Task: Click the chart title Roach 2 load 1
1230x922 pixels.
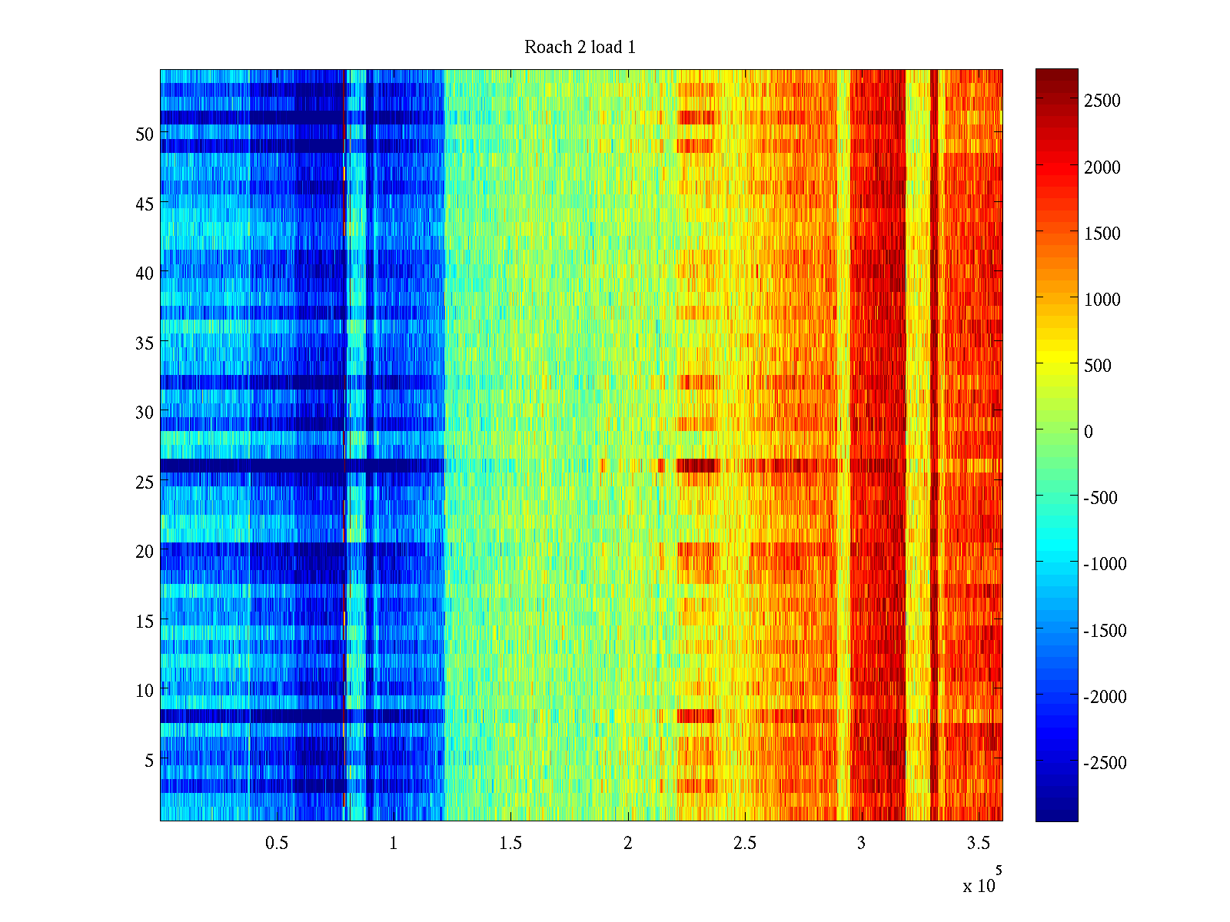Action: click(x=580, y=48)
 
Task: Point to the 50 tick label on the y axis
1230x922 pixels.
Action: click(x=145, y=134)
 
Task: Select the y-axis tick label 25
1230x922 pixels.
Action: click(x=145, y=483)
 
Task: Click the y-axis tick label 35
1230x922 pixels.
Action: click(x=145, y=343)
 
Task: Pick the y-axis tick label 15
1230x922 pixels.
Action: click(x=145, y=622)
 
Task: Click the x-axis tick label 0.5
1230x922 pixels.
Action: click(x=277, y=844)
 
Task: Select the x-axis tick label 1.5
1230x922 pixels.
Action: click(x=510, y=844)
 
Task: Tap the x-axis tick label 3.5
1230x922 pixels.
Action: click(x=978, y=844)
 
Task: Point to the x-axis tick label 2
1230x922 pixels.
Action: click(x=627, y=844)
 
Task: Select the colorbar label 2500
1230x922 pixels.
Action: click(x=1102, y=101)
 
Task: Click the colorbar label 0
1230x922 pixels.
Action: click(x=1089, y=432)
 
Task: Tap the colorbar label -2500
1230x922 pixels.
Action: click(x=1105, y=763)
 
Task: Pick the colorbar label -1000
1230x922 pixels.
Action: click(x=1105, y=564)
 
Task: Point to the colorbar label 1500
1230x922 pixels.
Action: click(x=1102, y=234)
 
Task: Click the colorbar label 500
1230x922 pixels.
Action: click(x=1098, y=366)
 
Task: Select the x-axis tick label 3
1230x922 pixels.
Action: click(x=861, y=844)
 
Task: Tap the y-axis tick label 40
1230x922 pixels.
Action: click(x=145, y=274)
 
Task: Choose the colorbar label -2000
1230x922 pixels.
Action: click(x=1105, y=697)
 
